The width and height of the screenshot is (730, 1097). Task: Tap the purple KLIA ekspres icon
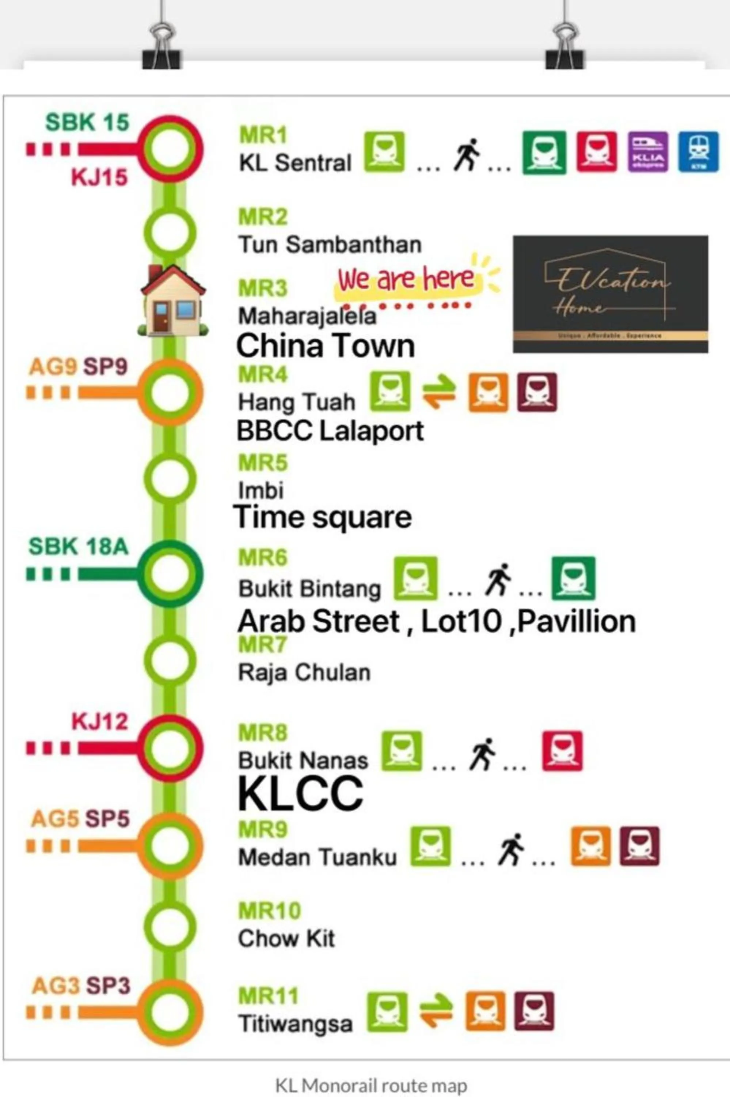tap(647, 152)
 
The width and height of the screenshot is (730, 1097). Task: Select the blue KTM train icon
tap(698, 152)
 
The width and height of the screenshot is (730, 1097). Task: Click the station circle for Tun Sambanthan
tap(170, 231)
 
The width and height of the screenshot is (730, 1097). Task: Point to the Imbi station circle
tap(170, 478)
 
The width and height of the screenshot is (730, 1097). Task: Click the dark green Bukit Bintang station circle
tap(170, 573)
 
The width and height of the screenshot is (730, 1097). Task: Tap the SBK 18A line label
tap(78, 546)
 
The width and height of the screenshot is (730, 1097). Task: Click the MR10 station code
tap(270, 911)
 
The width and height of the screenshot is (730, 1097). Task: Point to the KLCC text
tap(300, 793)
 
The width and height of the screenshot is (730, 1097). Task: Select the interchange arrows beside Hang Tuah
tap(439, 392)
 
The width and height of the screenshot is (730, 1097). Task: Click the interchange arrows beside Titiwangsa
tap(436, 1011)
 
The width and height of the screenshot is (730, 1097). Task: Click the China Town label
tap(325, 346)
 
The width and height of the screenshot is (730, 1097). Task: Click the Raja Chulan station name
tap(304, 672)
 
